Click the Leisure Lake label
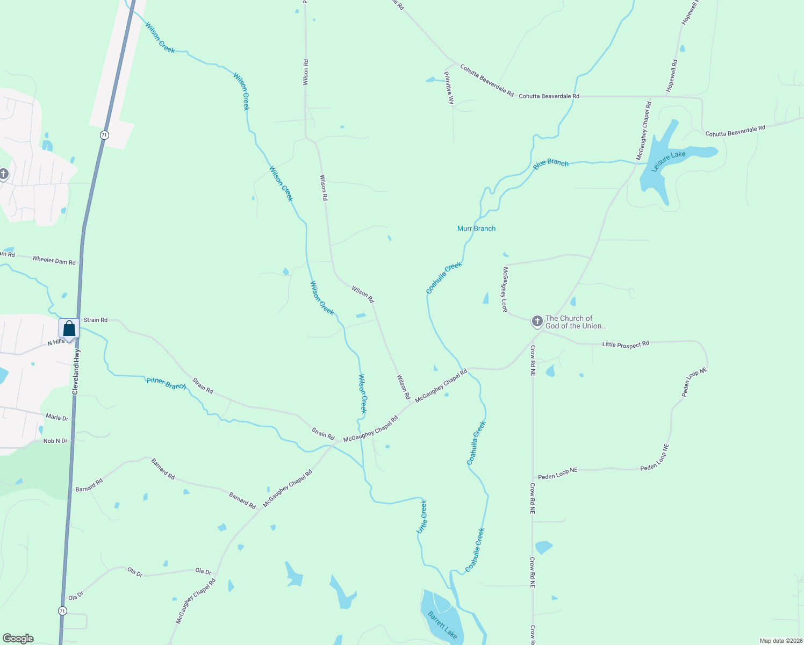point(669,162)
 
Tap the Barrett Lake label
point(442,625)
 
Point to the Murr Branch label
point(476,228)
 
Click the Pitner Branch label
point(166,383)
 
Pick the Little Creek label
point(422,517)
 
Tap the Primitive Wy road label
point(448,87)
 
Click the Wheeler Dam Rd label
point(54,261)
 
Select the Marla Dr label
point(57,418)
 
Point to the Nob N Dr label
point(55,441)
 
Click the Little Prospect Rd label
point(626,344)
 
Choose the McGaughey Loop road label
point(505,289)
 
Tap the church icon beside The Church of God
point(537,321)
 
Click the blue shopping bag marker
point(69,328)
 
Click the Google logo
point(18,639)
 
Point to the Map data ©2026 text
point(780,641)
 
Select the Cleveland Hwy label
point(76,371)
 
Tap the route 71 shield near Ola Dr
point(63,611)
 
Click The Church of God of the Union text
point(576,322)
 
